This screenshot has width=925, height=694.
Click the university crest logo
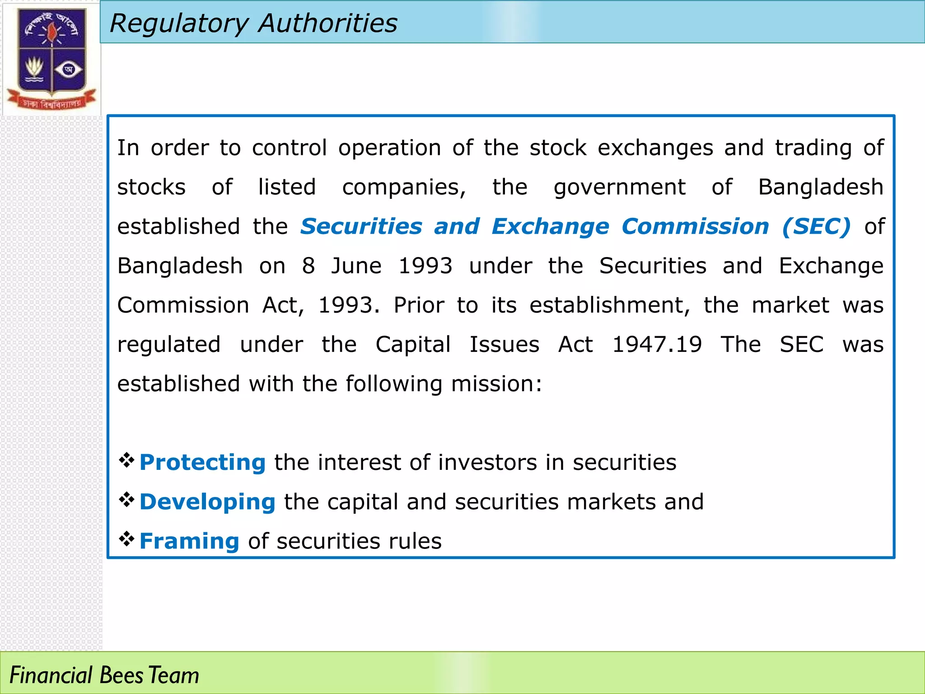(51, 58)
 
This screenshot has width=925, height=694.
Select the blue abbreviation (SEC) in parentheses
(816, 226)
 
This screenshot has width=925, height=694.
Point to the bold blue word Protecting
(202, 462)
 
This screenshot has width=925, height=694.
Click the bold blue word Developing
(207, 502)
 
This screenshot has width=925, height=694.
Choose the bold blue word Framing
(189, 541)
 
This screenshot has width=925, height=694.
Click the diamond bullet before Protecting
(127, 460)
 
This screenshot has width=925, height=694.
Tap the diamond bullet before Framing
(127, 539)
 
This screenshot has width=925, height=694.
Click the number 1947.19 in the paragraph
(657, 345)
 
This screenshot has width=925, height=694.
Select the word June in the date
(356, 266)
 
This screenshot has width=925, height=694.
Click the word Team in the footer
(174, 675)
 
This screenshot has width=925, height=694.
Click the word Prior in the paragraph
(419, 305)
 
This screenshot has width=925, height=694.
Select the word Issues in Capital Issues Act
(505, 345)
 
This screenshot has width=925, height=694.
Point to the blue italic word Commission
(695, 226)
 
